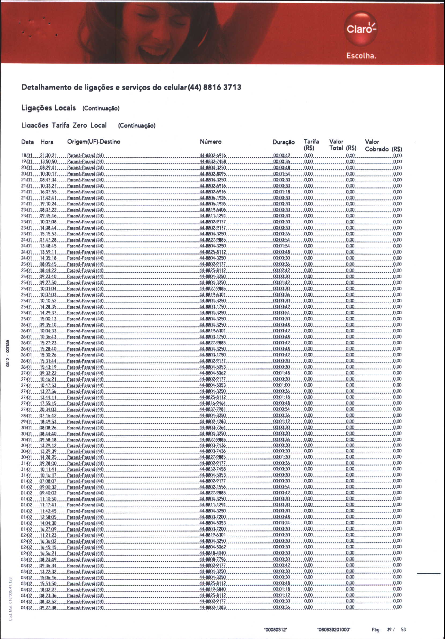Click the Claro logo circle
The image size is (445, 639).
(x=361, y=29)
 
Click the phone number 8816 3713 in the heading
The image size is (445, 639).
(x=222, y=87)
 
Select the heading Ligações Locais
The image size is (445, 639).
(x=49, y=108)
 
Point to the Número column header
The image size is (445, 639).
(x=211, y=142)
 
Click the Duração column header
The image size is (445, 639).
(x=284, y=142)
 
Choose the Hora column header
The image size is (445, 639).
(x=47, y=142)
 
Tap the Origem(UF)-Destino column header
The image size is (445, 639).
(x=94, y=142)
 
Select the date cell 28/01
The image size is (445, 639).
(x=27, y=416)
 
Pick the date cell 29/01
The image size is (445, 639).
(x=27, y=422)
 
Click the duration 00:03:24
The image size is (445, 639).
(x=281, y=523)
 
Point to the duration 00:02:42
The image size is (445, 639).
(x=281, y=271)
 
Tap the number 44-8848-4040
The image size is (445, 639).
(x=213, y=553)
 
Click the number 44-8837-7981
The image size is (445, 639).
(x=213, y=409)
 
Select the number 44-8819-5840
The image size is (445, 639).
(x=213, y=589)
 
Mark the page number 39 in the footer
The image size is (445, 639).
(x=389, y=630)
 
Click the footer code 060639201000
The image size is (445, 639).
(x=334, y=630)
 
